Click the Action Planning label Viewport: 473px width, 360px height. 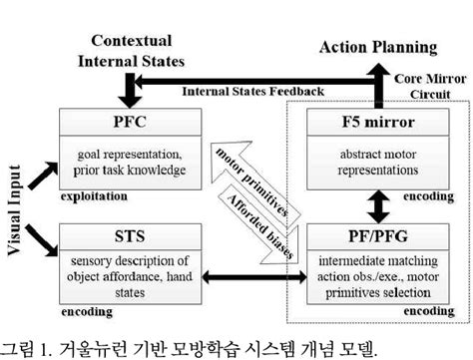(x=377, y=47)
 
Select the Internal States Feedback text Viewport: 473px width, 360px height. (x=251, y=92)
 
